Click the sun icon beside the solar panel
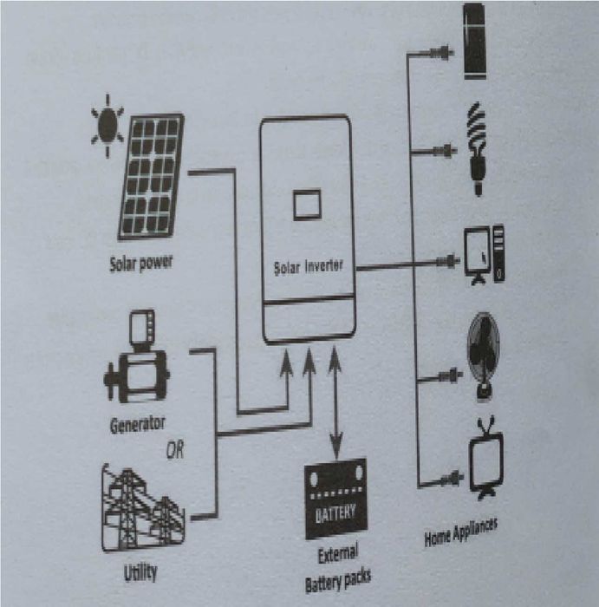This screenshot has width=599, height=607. [107, 125]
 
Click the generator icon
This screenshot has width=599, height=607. [136, 363]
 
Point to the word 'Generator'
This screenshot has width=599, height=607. [137, 426]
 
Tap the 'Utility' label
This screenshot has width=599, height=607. [140, 572]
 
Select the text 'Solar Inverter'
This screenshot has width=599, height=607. [308, 266]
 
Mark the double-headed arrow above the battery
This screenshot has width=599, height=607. [335, 399]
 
